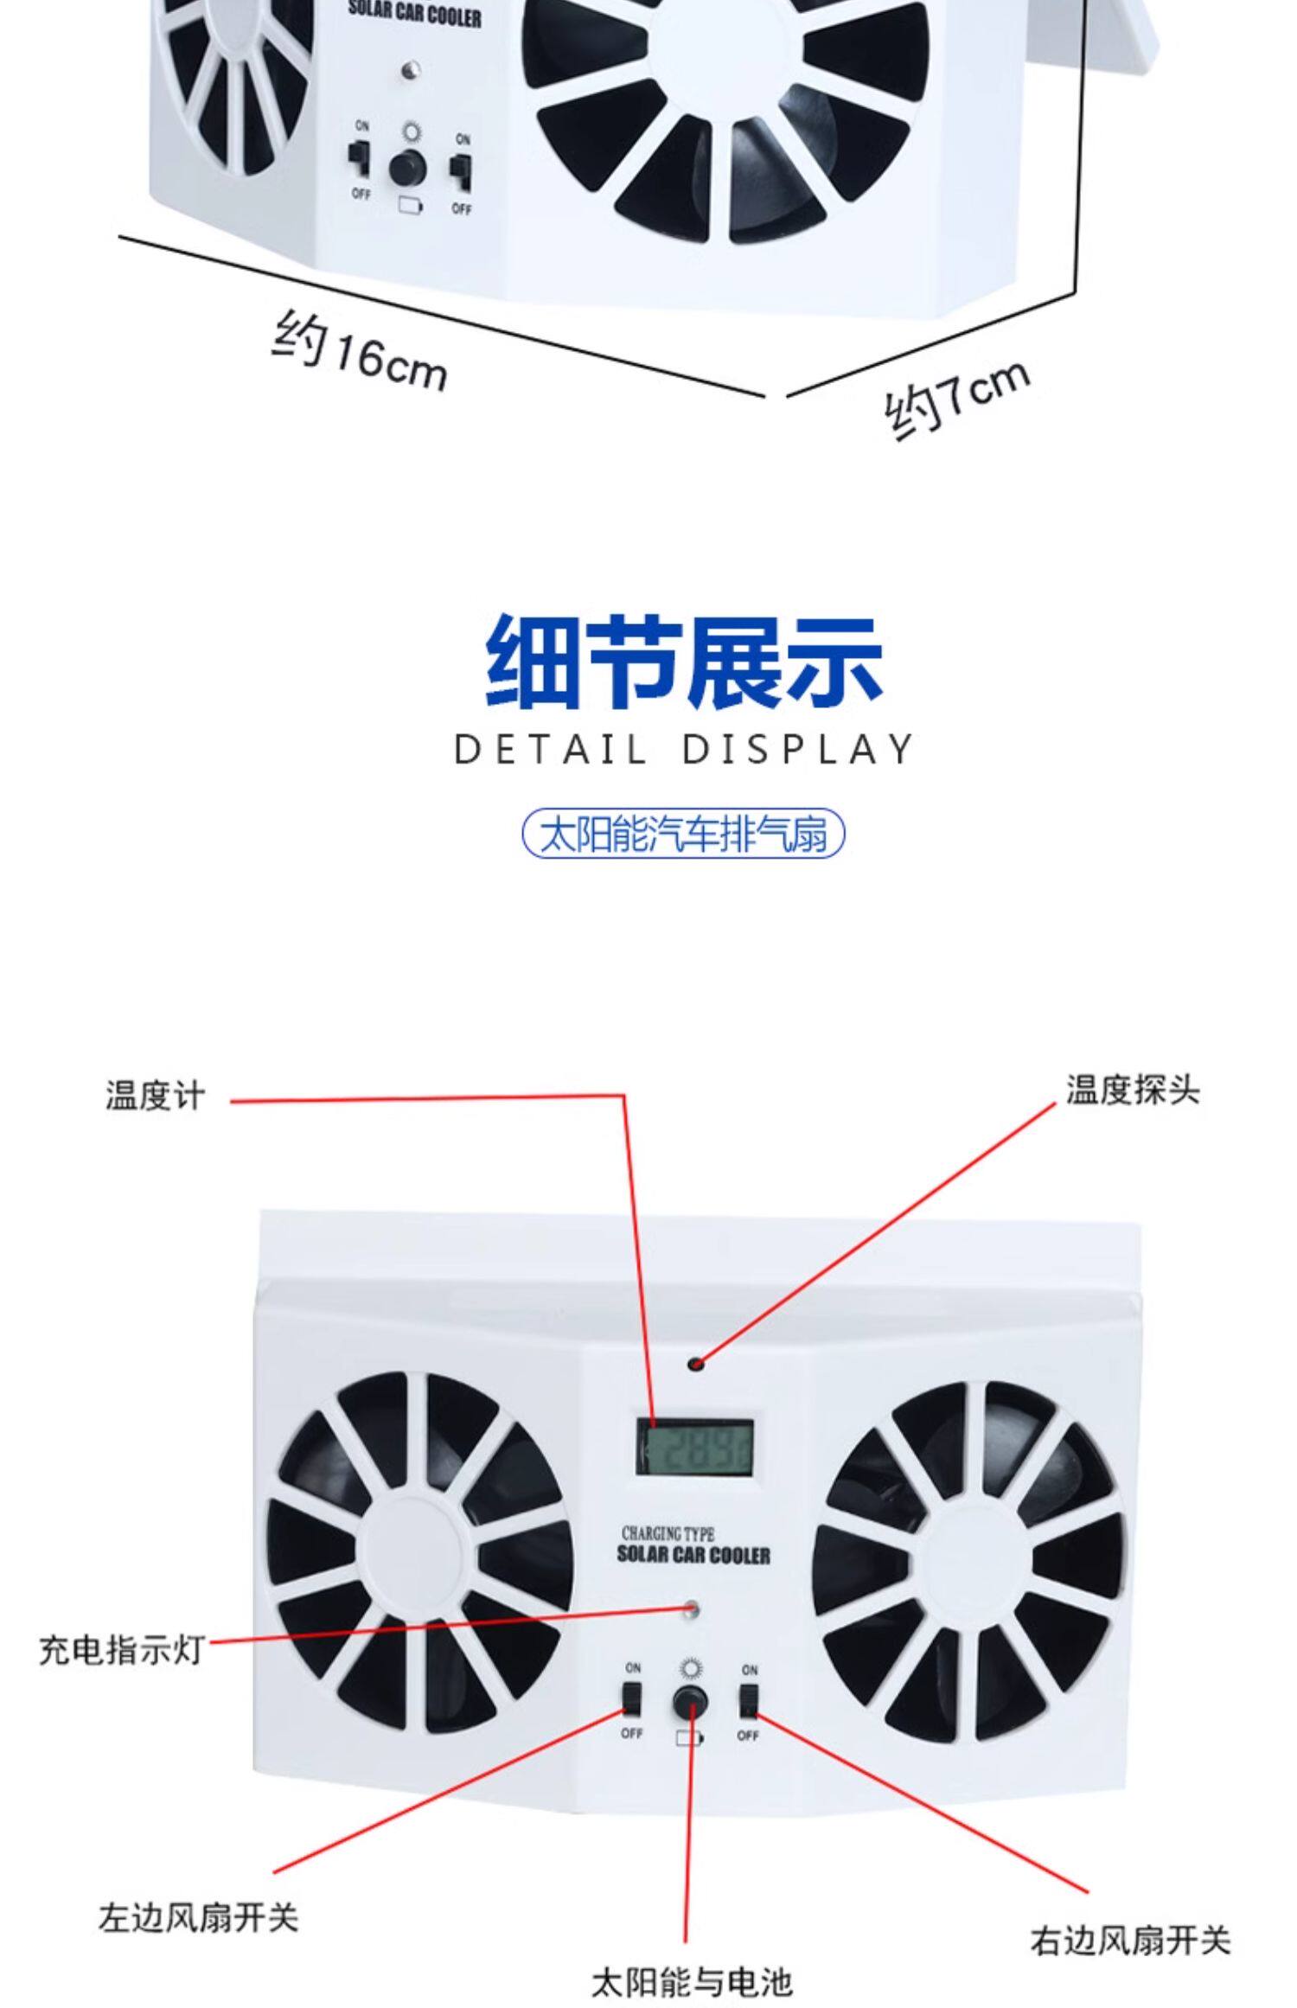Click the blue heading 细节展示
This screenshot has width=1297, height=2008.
pyautogui.click(x=683, y=662)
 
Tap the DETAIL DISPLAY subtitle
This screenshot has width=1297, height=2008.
pyautogui.click(x=683, y=749)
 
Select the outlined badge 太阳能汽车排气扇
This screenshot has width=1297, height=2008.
pyautogui.click(x=683, y=834)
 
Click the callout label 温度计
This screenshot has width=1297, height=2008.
pyautogui.click(x=156, y=1095)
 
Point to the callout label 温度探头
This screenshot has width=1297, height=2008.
pyautogui.click(x=1132, y=1090)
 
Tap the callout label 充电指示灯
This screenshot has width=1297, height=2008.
pyautogui.click(x=121, y=1650)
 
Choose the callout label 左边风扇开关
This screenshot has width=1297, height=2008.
pyautogui.click(x=198, y=1917)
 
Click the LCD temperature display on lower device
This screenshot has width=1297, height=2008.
pyautogui.click(x=694, y=1447)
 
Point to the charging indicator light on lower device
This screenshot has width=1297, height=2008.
pyautogui.click(x=690, y=1609)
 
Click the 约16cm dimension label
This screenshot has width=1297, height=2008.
pyautogui.click(x=360, y=353)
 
